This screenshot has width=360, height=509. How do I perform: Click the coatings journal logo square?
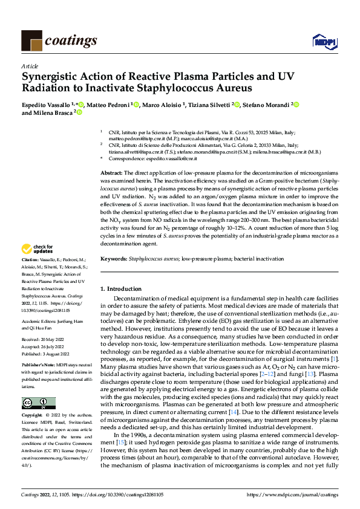pyautogui.click(x=31, y=41)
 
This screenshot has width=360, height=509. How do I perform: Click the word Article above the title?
pyautogui.click(x=30, y=66)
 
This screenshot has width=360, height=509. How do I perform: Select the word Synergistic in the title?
pyautogui.click(x=52, y=77)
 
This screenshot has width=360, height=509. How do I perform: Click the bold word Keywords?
pyautogui.click(x=114, y=259)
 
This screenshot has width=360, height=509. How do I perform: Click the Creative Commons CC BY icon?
pyautogui.click(x=38, y=403)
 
